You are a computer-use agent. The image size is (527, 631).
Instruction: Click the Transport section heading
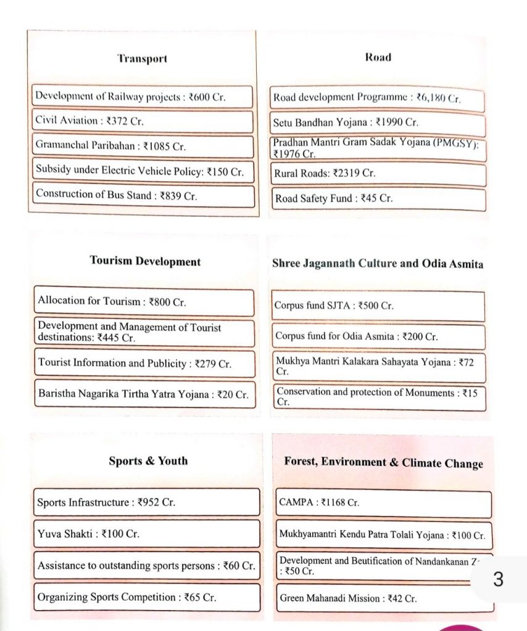tap(142, 59)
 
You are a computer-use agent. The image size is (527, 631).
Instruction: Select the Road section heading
tap(378, 57)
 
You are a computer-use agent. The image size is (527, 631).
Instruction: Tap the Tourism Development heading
tap(145, 261)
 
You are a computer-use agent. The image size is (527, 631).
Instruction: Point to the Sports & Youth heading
tap(148, 461)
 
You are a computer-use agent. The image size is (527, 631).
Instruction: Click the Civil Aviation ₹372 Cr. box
tap(143, 121)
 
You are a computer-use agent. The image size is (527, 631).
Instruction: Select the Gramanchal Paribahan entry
tap(143, 147)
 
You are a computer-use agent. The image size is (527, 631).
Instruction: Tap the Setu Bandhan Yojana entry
tap(378, 123)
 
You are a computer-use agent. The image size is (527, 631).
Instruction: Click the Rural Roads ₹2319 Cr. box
tap(378, 174)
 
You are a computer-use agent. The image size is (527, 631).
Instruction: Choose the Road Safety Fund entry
tap(378, 198)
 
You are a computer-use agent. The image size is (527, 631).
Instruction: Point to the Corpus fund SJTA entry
tap(378, 306)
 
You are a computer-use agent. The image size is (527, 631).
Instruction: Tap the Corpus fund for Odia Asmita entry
tap(378, 336)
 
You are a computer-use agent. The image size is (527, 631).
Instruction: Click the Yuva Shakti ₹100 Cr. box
tap(146, 534)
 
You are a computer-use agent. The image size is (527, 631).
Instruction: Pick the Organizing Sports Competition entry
tap(146, 597)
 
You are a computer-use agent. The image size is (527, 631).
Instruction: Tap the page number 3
tap(498, 579)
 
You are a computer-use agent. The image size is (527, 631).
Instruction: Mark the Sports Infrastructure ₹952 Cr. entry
tap(146, 502)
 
